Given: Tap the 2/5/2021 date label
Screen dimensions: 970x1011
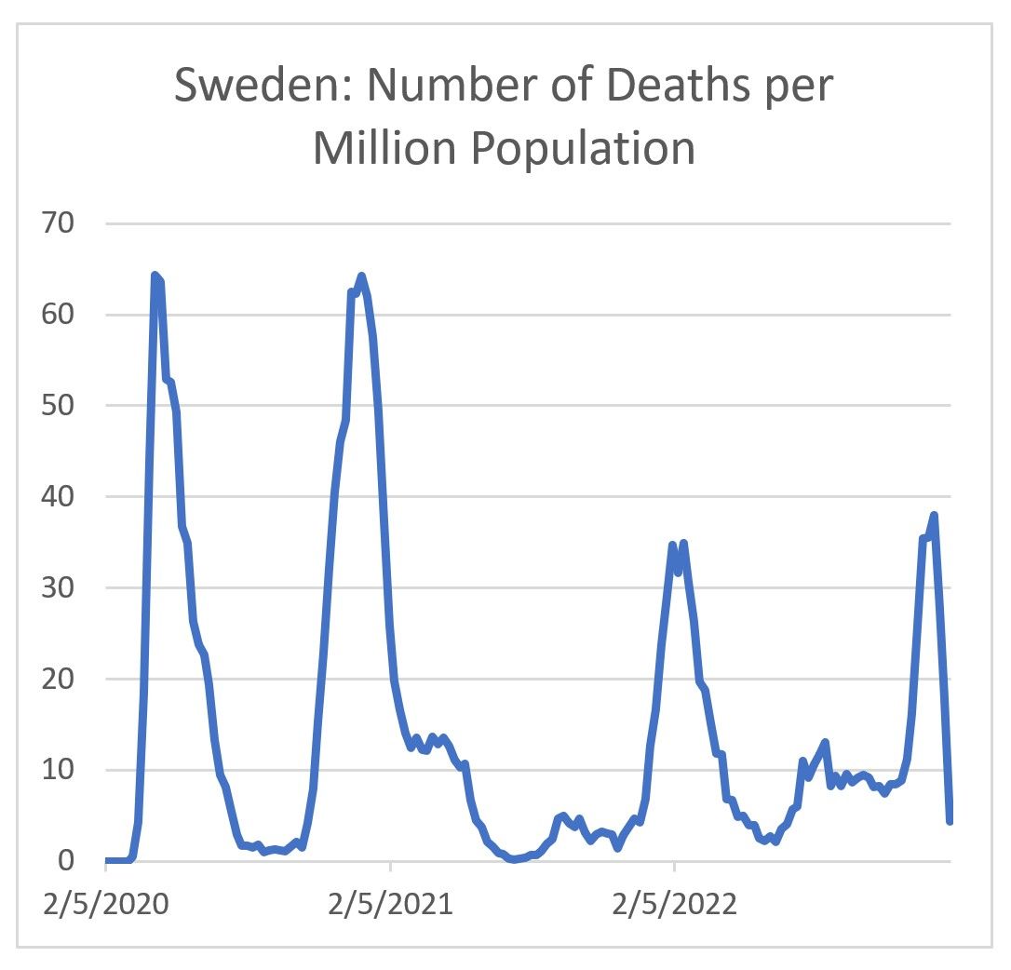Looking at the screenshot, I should coord(390,905).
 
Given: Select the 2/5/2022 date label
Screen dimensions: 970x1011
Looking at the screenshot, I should coord(674,905).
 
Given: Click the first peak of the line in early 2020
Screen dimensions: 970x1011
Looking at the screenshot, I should coord(155,276).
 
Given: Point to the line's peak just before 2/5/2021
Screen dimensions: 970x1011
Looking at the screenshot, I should coord(361,276).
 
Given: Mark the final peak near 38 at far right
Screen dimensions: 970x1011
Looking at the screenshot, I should coord(934,515).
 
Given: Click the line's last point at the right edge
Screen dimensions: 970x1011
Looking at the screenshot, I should coord(950,820).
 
